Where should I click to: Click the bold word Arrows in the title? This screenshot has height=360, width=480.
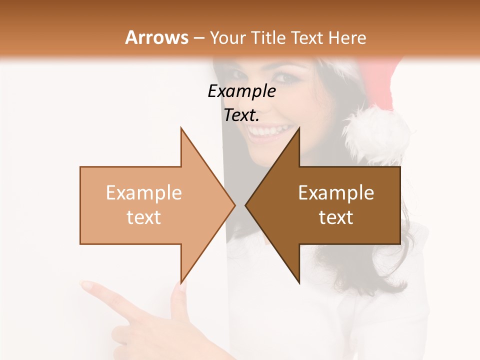pyautogui.click(x=156, y=37)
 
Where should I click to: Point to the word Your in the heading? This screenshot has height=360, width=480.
pyautogui.click(x=228, y=37)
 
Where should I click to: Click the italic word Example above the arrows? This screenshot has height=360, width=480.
pyautogui.click(x=241, y=91)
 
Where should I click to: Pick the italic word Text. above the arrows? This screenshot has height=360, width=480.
pyautogui.click(x=241, y=115)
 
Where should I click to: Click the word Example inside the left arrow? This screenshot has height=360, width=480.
pyautogui.click(x=144, y=192)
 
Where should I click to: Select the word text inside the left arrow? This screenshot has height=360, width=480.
pyautogui.click(x=144, y=217)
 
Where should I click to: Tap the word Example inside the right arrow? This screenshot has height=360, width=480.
pyautogui.click(x=336, y=192)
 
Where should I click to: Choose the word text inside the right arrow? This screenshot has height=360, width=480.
pyautogui.click(x=336, y=217)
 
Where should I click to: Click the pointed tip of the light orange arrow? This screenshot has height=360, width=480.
pyautogui.click(x=235, y=205)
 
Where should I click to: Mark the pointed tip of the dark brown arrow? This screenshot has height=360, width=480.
pyautogui.click(x=245, y=205)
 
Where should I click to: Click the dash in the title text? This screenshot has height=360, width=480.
pyautogui.click(x=198, y=38)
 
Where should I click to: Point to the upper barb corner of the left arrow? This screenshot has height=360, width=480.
pyautogui.click(x=181, y=128)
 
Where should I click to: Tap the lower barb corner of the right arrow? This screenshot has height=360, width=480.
pyautogui.click(x=299, y=283)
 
